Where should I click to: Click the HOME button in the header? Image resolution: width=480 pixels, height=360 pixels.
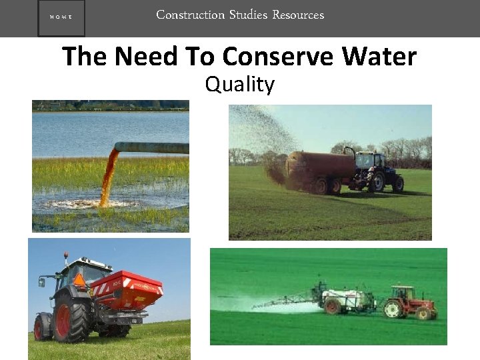click(x=61, y=19)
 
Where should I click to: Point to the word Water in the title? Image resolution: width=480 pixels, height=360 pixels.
click(x=379, y=57)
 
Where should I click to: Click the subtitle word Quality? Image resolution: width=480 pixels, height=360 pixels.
click(x=240, y=85)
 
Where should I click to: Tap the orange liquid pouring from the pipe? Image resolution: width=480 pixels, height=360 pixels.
click(x=107, y=177)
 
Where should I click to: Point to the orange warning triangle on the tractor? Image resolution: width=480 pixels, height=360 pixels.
click(x=79, y=280)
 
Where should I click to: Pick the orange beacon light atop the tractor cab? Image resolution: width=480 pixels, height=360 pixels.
click(x=66, y=255)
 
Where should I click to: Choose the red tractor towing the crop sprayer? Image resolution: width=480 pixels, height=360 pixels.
click(x=412, y=303)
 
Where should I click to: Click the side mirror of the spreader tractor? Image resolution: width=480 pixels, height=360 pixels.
click(x=41, y=283)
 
